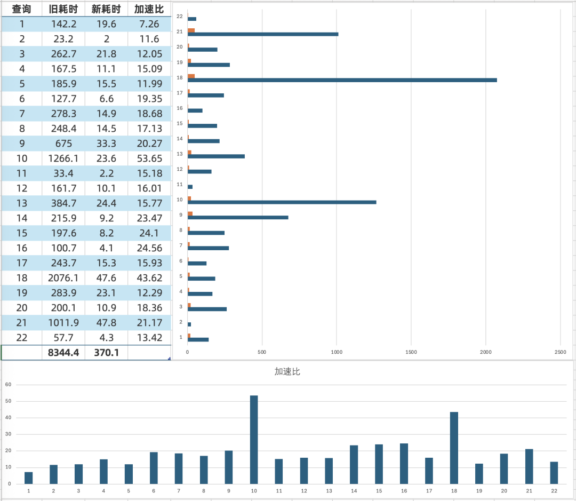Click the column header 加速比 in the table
click(x=149, y=9)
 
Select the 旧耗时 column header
click(x=63, y=9)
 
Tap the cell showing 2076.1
click(x=63, y=278)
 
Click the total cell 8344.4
click(x=63, y=353)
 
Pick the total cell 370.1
click(x=106, y=353)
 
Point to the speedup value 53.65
click(x=149, y=158)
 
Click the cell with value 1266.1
click(x=63, y=158)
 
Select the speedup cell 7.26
click(x=149, y=24)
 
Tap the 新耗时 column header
click(x=106, y=9)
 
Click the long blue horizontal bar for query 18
click(x=341, y=80)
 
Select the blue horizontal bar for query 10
click(x=282, y=202)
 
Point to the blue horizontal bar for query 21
click(x=262, y=34)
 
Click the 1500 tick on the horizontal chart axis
click(x=411, y=353)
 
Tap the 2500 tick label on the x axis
click(x=560, y=353)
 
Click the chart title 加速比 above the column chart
click(x=287, y=371)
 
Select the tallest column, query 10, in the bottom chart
click(x=254, y=440)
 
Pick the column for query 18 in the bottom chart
click(x=454, y=448)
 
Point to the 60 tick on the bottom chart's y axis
click(x=7, y=385)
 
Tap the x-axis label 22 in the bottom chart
click(x=554, y=490)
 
